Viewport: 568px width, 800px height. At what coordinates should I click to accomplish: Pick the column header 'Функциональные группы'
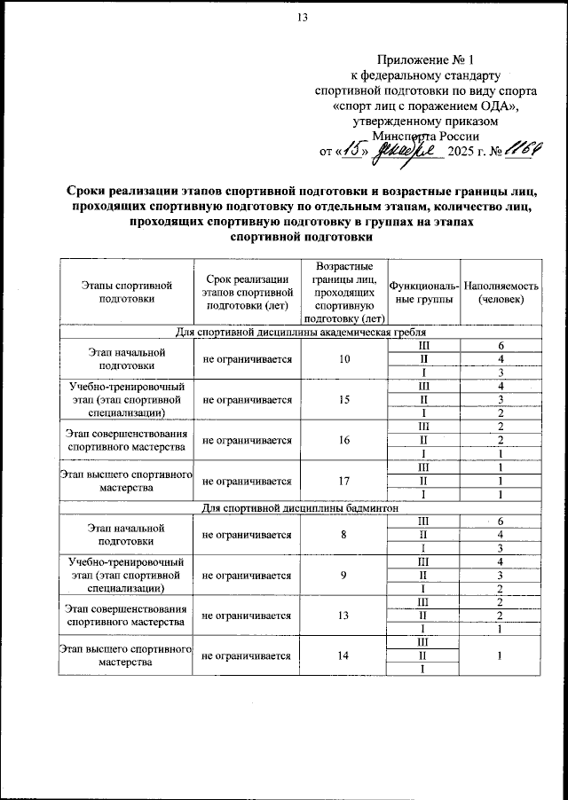(424, 292)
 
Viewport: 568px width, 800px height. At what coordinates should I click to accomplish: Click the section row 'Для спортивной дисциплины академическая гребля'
(302, 332)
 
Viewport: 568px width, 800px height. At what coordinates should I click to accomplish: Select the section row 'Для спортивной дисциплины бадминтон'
(302, 508)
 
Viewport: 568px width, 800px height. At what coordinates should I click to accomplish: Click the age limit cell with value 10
(345, 358)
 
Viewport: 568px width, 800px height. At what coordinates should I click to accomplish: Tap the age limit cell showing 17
(345, 482)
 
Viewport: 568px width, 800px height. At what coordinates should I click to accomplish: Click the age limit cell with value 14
(345, 656)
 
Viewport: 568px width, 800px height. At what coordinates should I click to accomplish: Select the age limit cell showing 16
(345, 440)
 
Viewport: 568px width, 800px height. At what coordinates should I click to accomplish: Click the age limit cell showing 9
(345, 575)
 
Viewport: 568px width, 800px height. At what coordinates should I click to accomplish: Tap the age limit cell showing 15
(345, 400)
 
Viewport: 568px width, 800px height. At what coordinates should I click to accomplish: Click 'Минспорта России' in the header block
(426, 136)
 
